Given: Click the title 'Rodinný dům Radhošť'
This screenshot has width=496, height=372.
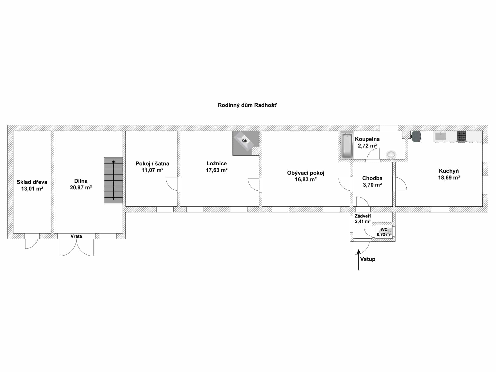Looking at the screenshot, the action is click(x=247, y=105).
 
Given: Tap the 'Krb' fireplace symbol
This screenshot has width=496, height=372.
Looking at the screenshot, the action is click(x=244, y=141).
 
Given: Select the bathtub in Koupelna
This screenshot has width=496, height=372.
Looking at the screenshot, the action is click(x=347, y=145).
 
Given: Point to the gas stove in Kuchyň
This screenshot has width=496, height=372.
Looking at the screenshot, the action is click(x=462, y=136).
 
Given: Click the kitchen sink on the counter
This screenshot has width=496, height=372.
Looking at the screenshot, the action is click(x=440, y=136).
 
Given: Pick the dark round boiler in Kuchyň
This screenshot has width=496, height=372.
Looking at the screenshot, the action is click(x=416, y=136).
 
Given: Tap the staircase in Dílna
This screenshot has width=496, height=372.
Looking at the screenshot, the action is click(x=113, y=180).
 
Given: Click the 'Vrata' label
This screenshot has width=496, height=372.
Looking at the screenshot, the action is click(x=76, y=236).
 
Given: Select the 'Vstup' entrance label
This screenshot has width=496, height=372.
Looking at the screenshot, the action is click(x=368, y=259).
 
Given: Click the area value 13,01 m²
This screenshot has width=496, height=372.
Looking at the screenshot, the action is click(x=32, y=189).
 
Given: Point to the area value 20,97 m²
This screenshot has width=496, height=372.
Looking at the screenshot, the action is click(x=81, y=188).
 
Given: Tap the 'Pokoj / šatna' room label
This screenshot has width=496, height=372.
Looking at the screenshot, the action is click(x=152, y=164).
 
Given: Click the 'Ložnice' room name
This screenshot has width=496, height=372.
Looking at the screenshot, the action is click(x=216, y=164).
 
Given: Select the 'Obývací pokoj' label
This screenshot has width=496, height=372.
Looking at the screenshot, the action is click(x=306, y=173).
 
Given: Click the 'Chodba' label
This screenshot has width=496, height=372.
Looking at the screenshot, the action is click(x=372, y=178).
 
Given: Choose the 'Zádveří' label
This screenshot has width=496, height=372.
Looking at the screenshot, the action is click(x=363, y=216).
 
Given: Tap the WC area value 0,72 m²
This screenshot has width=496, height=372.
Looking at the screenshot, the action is click(x=384, y=235).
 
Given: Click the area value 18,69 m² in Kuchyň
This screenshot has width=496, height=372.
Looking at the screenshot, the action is click(x=449, y=178).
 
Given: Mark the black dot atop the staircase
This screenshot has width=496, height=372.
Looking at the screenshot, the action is click(x=113, y=162).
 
